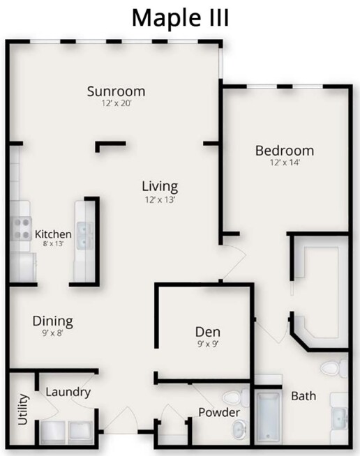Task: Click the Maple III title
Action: [181, 18]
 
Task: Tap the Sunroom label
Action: [116, 91]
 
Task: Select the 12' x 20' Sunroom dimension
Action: [117, 103]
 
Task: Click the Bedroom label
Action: [285, 151]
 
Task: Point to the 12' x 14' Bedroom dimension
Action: [285, 162]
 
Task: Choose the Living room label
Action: [160, 187]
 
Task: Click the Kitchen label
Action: [53, 234]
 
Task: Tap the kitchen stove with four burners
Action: [22, 229]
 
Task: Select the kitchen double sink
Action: [84, 236]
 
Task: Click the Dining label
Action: [53, 321]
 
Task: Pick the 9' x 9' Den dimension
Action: [208, 344]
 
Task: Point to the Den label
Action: [208, 332]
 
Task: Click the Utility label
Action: [23, 409]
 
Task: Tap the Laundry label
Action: [68, 393]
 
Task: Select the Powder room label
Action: [219, 412]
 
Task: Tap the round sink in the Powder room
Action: [240, 429]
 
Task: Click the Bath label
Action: [303, 396]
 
